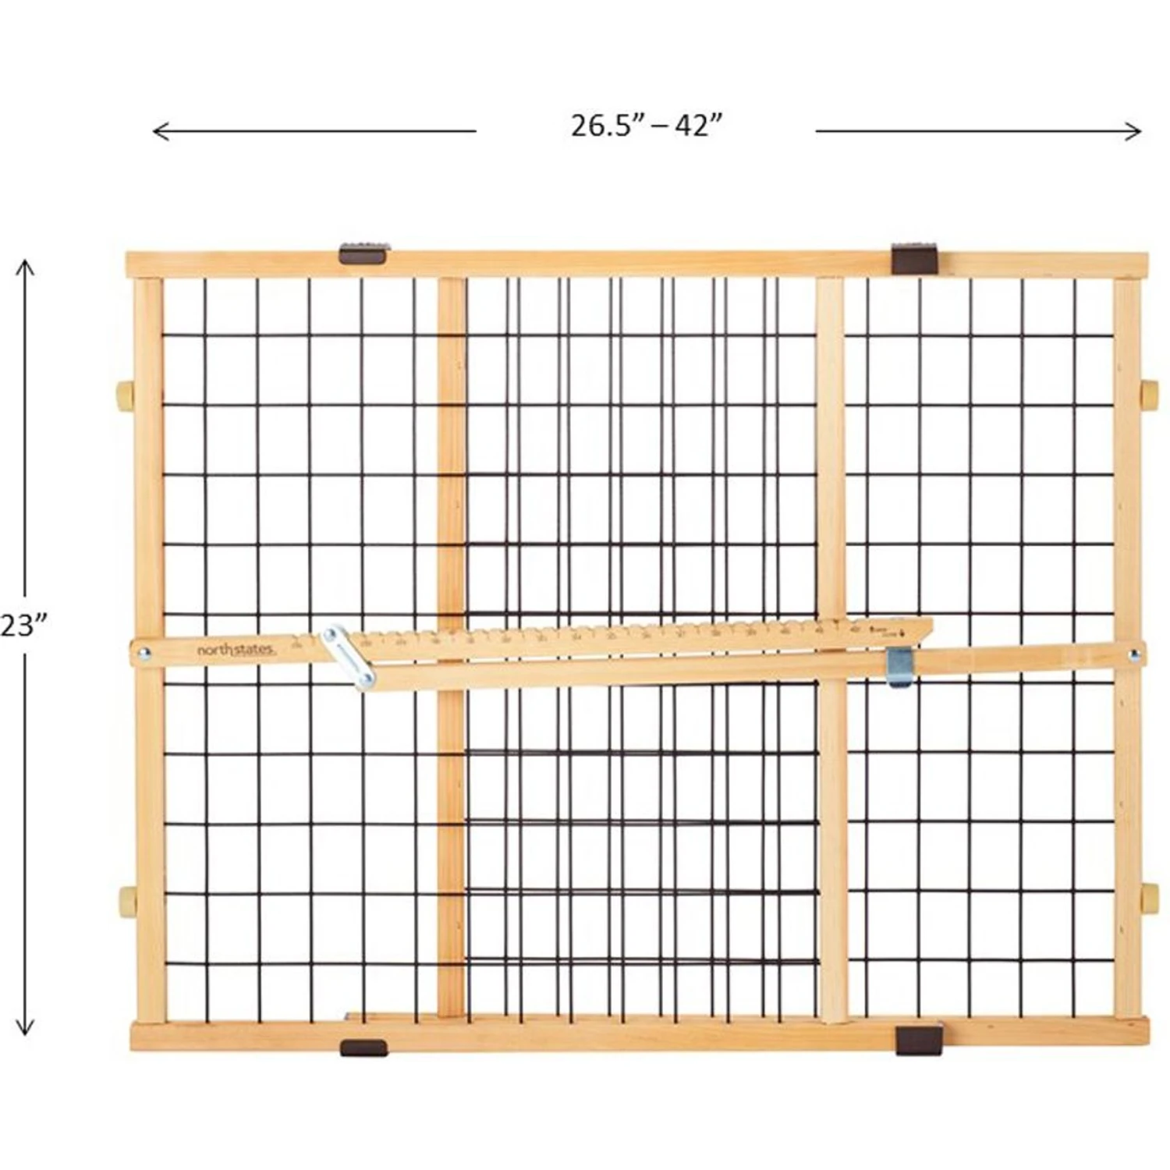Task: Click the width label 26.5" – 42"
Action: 646,126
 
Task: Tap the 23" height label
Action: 23,625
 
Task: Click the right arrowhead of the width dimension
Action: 1138,131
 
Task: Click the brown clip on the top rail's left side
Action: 364,253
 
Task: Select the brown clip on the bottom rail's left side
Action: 363,1048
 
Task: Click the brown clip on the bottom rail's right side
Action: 919,1041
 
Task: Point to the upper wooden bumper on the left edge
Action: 125,395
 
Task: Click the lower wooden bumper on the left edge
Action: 126,901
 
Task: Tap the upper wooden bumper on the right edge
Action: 1149,395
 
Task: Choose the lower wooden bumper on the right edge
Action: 1149,899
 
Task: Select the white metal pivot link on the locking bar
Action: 349,657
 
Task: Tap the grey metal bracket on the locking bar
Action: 899,668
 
